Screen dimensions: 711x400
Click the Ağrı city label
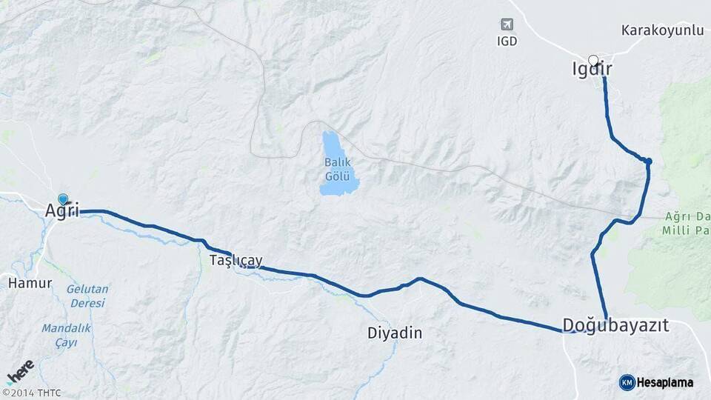[61, 210]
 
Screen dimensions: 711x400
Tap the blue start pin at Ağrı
[63, 199]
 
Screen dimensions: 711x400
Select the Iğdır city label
[592, 70]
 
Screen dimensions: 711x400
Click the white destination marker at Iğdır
[592, 60]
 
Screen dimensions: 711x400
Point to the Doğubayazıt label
[615, 325]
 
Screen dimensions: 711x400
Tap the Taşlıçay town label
[236, 261]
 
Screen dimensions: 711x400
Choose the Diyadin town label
[395, 333]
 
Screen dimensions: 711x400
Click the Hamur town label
[30, 283]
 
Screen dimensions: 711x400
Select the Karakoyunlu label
[662, 30]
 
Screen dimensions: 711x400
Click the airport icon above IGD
[507, 24]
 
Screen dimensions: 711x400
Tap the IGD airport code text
[507, 41]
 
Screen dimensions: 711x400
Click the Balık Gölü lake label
[337, 170]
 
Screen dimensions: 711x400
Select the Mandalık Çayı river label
[66, 335]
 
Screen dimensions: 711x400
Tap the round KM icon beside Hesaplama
[627, 382]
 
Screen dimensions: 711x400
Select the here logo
[21, 371]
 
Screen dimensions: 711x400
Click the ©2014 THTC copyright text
[31, 393]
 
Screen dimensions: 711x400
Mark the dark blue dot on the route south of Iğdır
[648, 161]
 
